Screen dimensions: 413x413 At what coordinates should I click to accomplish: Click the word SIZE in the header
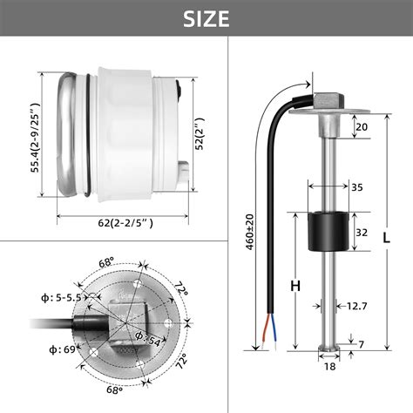coord(206,18)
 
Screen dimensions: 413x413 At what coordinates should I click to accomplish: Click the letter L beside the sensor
coord(388,236)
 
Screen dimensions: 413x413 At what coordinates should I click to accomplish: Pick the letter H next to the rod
coord(295,284)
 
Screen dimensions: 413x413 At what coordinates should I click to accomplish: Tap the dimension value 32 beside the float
coord(360,234)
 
